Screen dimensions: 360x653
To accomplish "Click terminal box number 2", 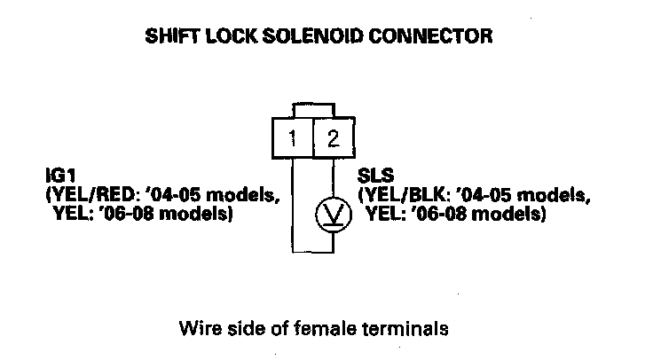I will click(332, 139).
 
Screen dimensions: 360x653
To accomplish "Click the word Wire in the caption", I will click(199, 329).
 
